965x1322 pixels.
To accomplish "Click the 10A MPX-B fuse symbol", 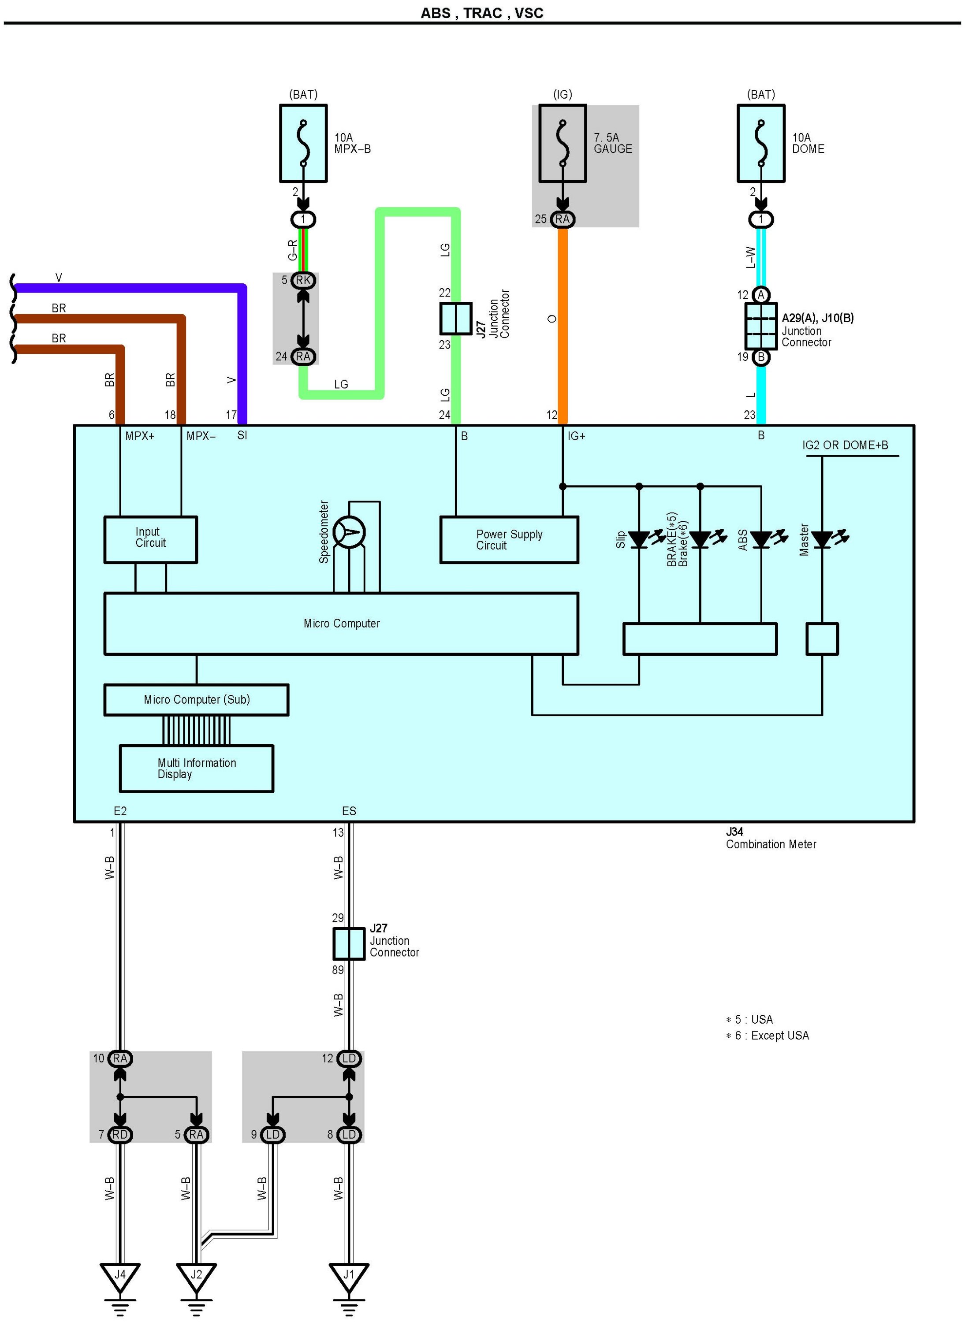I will pos(303,143).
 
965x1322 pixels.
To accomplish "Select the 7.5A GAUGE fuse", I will pos(562,143).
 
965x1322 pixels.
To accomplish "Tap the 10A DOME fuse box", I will pos(760,143).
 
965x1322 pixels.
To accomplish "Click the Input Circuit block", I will pos(151,539).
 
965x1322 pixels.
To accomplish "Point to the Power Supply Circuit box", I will pos(509,539).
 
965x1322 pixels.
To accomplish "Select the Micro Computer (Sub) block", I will pos(196,699).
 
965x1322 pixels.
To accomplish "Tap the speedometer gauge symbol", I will pos(349,532).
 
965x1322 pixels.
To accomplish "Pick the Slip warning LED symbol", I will pos(639,539).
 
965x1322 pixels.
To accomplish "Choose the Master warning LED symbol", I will pos(822,539).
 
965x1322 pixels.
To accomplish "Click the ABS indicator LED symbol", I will pos(760,539).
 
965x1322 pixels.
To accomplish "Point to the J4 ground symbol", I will pos(120,1276).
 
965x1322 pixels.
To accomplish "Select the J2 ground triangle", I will pos(196,1276).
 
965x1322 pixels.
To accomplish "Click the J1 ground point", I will pos(349,1276).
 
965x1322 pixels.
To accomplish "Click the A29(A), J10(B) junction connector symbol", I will pos(760,326).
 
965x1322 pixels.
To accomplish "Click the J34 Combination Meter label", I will pos(771,838).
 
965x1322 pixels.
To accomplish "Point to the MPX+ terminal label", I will pos(140,436).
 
